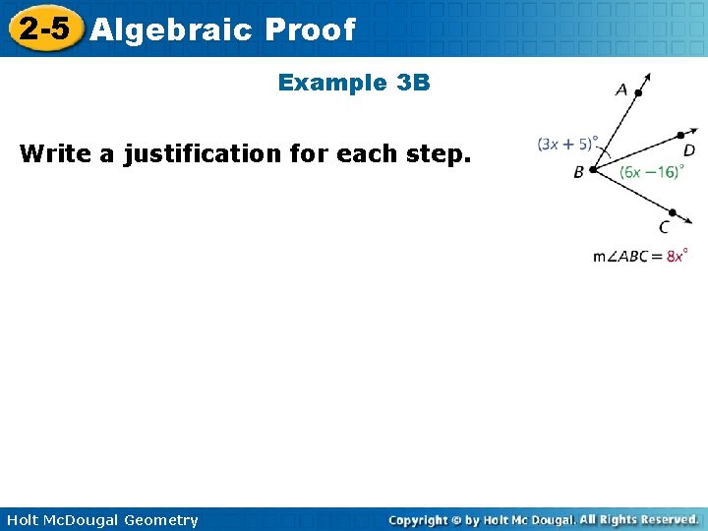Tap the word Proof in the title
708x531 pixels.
[309, 29]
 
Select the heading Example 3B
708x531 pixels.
[354, 83]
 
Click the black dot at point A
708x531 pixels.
[638, 94]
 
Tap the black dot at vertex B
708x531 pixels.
[592, 169]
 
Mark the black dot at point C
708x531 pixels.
[672, 211]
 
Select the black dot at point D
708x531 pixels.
[680, 137]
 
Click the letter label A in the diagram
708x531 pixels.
[621, 89]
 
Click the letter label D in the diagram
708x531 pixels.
[688, 150]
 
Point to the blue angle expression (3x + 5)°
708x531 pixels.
[567, 144]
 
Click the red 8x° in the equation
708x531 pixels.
[676, 256]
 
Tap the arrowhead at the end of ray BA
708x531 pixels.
[649, 75]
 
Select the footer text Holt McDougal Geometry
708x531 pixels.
[100, 520]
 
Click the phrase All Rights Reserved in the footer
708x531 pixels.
[638, 519]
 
